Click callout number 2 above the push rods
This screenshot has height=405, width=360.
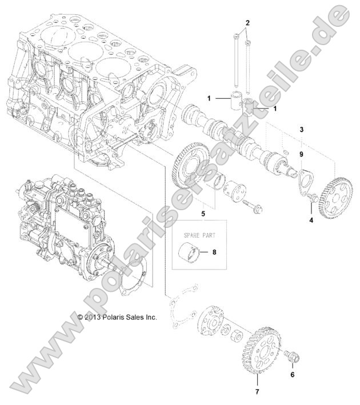[x=247, y=23]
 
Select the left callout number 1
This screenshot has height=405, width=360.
[x=209, y=98]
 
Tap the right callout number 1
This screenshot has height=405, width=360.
[x=275, y=108]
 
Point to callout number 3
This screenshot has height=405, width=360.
[x=302, y=130]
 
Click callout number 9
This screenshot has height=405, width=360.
[x=302, y=154]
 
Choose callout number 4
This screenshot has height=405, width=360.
[x=311, y=219]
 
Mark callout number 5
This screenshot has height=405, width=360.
[x=202, y=214]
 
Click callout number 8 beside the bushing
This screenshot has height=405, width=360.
[x=214, y=251]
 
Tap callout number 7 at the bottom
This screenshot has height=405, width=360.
[x=257, y=392]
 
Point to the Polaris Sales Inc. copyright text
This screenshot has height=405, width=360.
[x=117, y=316]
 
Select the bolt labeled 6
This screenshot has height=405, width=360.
[x=293, y=356]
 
